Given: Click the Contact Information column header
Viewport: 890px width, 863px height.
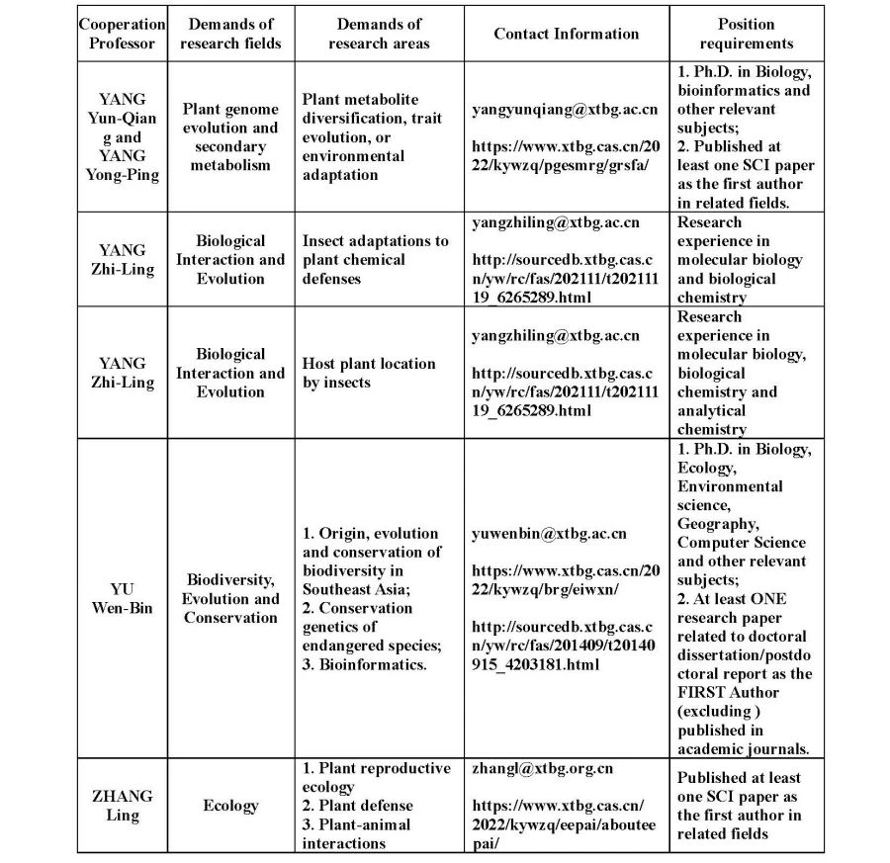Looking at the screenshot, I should tap(567, 34).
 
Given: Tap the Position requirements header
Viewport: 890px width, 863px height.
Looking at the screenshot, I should tap(746, 34).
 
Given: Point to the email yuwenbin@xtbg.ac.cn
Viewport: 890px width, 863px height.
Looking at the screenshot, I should tap(549, 534).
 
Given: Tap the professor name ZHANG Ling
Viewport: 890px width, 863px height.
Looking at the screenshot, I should tap(123, 806).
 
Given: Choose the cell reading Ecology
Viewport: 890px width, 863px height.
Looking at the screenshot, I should tap(230, 806).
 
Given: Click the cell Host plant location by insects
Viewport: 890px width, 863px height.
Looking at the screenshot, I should tap(368, 373).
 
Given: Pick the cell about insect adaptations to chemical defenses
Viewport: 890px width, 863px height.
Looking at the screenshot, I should tap(375, 260).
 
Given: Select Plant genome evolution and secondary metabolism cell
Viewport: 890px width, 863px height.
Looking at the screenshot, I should tap(230, 137).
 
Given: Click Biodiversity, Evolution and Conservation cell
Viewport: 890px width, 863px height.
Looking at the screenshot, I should tap(230, 598).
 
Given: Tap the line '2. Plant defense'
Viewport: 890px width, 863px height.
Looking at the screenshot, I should tap(358, 806).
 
